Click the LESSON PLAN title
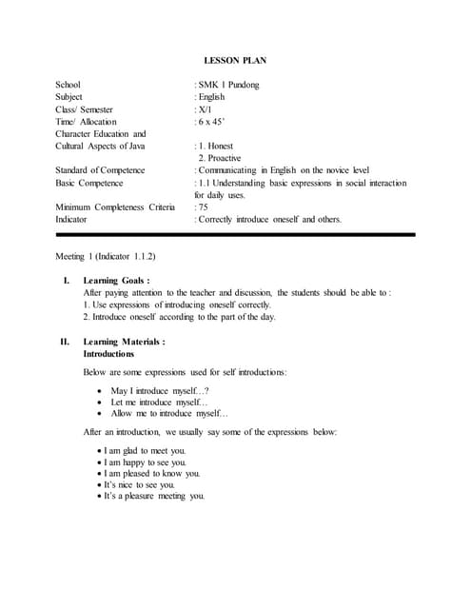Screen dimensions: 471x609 [x=235, y=61]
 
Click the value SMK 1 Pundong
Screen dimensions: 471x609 [x=228, y=85]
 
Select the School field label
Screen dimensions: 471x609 [x=69, y=85]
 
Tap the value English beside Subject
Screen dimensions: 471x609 [x=211, y=97]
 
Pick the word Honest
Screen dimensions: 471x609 [x=221, y=146]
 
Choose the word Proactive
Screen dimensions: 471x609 [x=224, y=158]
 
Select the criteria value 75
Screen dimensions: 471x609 [x=203, y=206]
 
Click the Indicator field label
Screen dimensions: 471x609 [x=74, y=219]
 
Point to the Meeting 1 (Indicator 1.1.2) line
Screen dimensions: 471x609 [x=107, y=257]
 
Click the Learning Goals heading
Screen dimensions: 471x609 [x=115, y=281]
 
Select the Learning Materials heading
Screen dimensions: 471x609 [x=124, y=341]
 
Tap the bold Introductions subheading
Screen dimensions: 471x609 [x=108, y=353]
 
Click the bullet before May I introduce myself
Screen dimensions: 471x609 [x=101, y=391]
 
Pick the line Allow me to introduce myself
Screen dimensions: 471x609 [x=168, y=414]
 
